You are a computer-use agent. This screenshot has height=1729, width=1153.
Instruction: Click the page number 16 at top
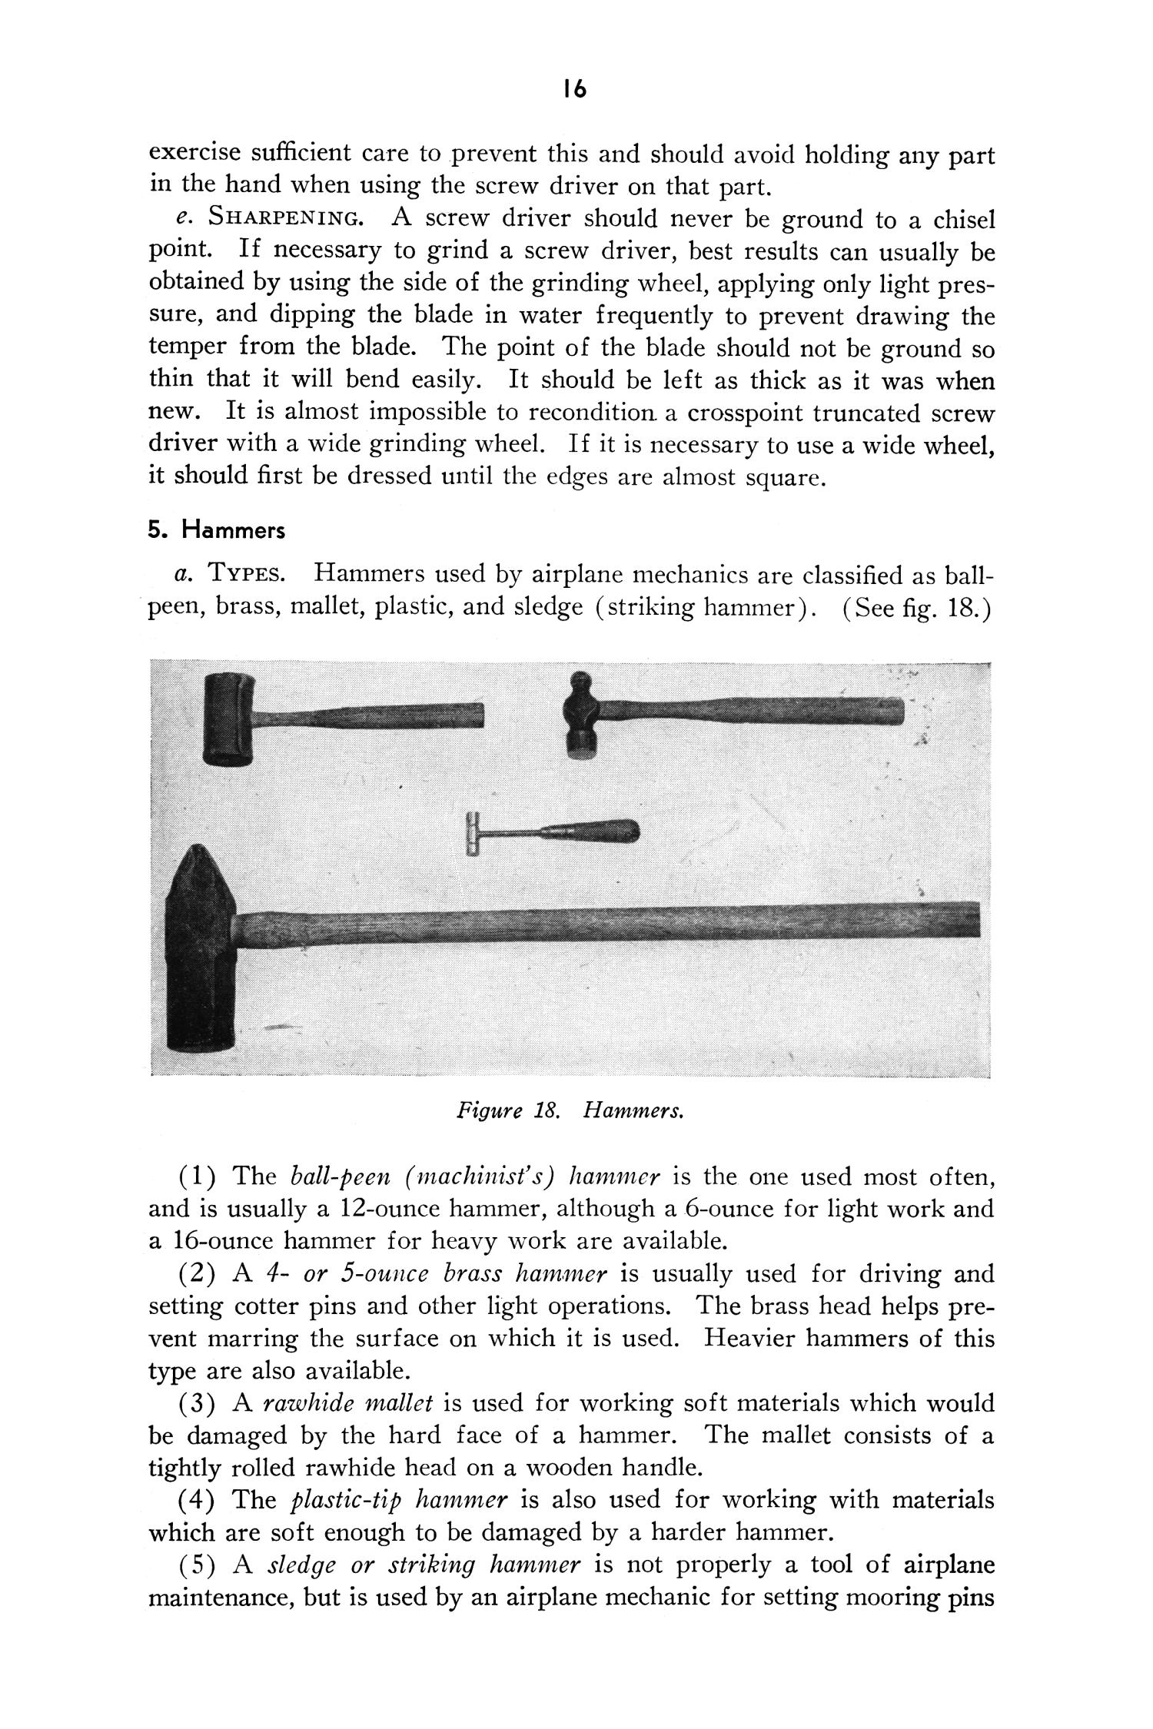(x=574, y=90)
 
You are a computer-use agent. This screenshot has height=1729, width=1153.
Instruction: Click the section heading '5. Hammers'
(x=216, y=530)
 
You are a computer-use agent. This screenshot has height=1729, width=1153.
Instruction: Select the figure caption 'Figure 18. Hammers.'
(x=570, y=1111)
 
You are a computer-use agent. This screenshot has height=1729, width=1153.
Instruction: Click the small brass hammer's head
(x=472, y=833)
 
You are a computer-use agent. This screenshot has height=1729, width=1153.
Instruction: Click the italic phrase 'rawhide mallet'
(x=347, y=1404)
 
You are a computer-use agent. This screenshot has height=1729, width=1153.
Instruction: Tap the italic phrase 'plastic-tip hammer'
(x=400, y=1500)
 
